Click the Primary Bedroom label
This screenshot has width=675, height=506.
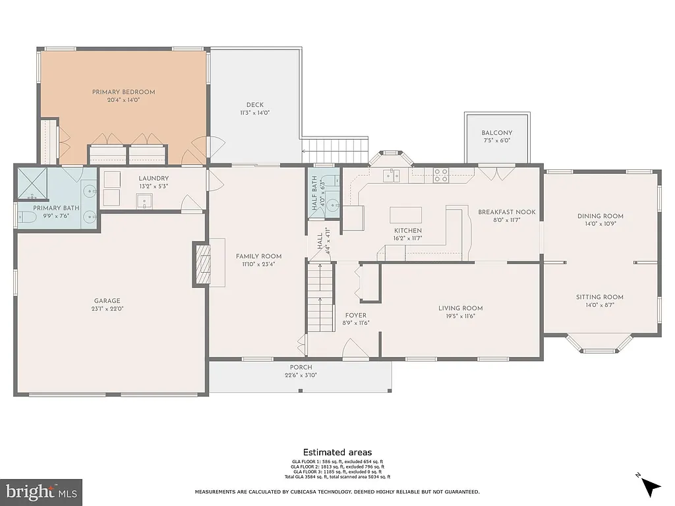[x=123, y=92]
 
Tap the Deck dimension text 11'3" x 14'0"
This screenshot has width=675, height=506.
[x=254, y=113]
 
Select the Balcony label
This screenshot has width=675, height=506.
[x=496, y=133]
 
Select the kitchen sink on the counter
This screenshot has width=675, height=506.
[x=393, y=175]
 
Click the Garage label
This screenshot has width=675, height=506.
[x=108, y=301]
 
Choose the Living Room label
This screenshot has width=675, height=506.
[x=460, y=308]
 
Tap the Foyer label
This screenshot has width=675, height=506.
[x=355, y=315]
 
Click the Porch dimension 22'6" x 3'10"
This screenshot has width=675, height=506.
[x=301, y=376]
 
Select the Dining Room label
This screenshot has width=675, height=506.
[x=600, y=216]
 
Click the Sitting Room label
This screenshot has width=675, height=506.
[x=599, y=296]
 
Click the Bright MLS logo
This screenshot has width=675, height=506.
[x=41, y=492]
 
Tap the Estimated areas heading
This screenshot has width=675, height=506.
[x=337, y=452]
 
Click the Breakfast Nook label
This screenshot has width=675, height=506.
[x=507, y=212]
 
